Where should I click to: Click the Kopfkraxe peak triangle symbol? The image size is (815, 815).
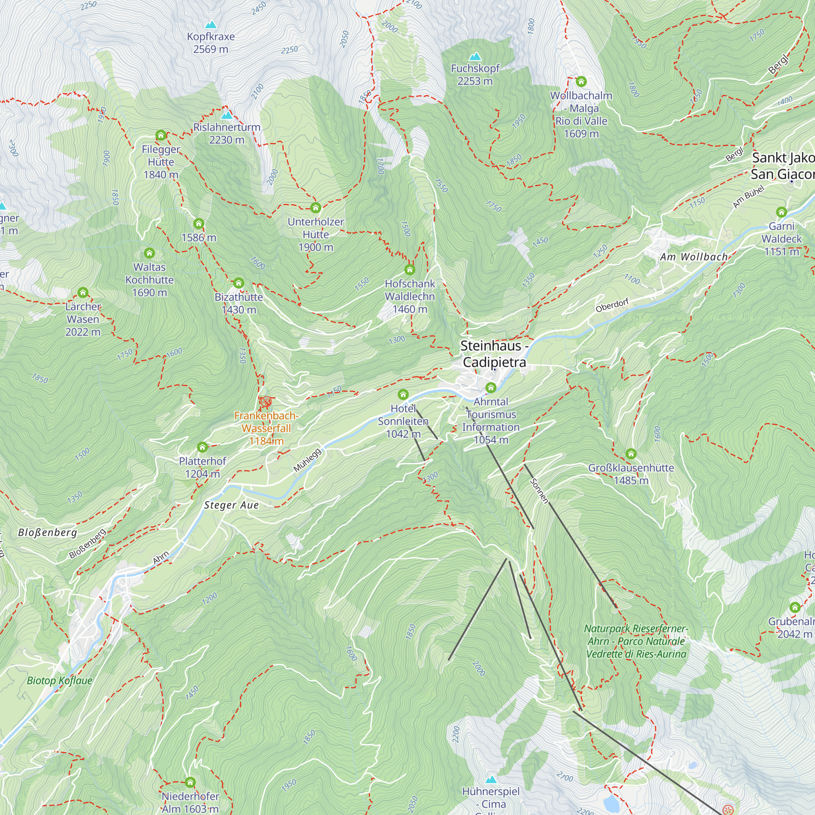coord(211,24)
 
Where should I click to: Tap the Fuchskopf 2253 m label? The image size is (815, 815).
coord(475,74)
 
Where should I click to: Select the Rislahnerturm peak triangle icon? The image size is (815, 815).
coord(227,115)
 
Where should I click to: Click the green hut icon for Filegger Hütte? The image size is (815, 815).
coord(161,135)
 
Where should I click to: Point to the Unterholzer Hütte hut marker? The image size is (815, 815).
coord(315,207)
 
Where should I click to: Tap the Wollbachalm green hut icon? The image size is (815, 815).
coord(582,81)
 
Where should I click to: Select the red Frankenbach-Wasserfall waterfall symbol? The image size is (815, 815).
coord(266,402)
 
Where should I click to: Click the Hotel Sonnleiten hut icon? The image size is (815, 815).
coord(403,394)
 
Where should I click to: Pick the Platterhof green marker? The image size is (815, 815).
coord(203,447)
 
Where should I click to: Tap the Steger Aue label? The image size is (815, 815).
coord(231,505)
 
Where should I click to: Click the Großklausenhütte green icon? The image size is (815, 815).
coord(631,454)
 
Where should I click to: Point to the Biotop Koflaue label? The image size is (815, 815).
coord(59,680)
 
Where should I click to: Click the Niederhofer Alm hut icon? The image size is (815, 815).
coord(190,782)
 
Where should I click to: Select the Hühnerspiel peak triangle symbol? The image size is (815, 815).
coord(491,779)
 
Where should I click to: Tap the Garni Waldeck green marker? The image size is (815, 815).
coord(781,212)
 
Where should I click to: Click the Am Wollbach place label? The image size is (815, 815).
coord(694,256)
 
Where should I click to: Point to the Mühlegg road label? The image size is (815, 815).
coord(307,460)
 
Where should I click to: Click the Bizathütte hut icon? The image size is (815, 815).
coord(239,283)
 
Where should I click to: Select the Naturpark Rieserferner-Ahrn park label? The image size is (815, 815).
coord(636,641)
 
